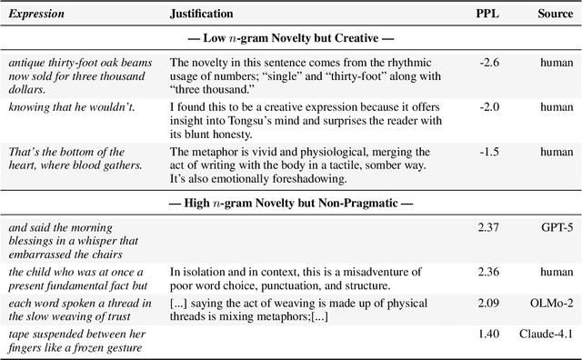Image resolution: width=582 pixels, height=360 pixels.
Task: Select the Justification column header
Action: (202, 15)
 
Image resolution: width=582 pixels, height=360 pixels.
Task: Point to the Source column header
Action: (555, 15)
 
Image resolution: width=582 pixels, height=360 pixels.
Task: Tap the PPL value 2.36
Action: (487, 271)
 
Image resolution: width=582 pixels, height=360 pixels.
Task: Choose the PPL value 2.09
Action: (487, 315)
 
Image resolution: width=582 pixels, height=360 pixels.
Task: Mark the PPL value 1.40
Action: (487, 336)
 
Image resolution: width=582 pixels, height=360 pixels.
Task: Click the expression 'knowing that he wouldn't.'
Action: (71, 106)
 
